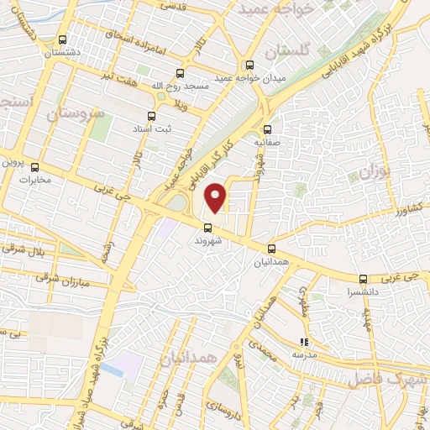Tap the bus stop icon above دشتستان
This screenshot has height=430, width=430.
click(62, 39)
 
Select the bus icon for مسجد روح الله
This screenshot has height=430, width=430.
click(177, 74)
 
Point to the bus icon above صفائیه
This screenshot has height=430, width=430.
click(267, 129)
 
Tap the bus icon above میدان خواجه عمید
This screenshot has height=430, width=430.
click(249, 65)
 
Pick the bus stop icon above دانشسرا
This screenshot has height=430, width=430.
click(363, 280)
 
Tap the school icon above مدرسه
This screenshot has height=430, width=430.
click(303, 342)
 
